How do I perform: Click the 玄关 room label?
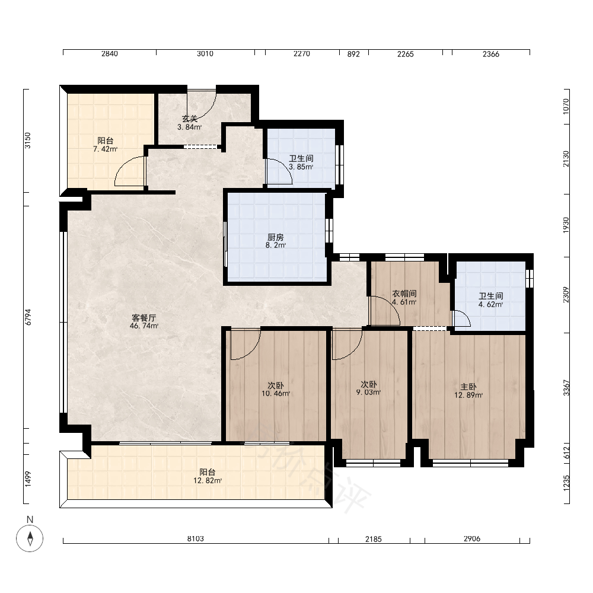(x=190, y=119)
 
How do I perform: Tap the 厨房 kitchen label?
(x=275, y=237)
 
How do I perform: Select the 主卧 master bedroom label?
(x=468, y=387)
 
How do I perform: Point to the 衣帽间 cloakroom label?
(x=404, y=294)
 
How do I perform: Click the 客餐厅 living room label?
(x=144, y=318)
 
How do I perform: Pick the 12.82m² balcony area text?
(x=208, y=481)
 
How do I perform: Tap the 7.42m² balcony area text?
(x=106, y=149)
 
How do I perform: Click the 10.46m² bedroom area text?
(x=276, y=394)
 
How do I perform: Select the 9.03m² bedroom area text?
(x=368, y=393)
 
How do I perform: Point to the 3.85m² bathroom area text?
(x=301, y=167)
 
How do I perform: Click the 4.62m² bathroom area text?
(x=491, y=304)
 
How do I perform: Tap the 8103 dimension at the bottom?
(x=196, y=538)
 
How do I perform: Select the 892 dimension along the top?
(x=353, y=54)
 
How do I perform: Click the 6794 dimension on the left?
(x=28, y=317)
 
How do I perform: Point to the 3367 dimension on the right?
(x=566, y=388)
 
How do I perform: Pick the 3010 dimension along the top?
(x=205, y=54)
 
